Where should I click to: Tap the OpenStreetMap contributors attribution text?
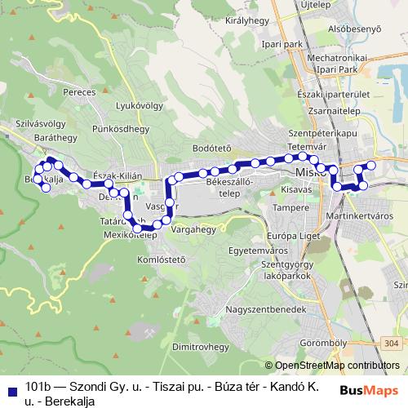337,366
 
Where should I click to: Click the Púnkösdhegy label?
120,129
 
